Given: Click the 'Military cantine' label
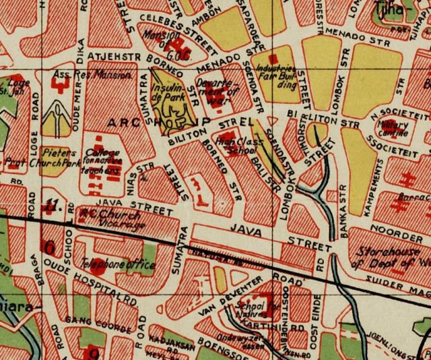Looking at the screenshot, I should tap(393, 127).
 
